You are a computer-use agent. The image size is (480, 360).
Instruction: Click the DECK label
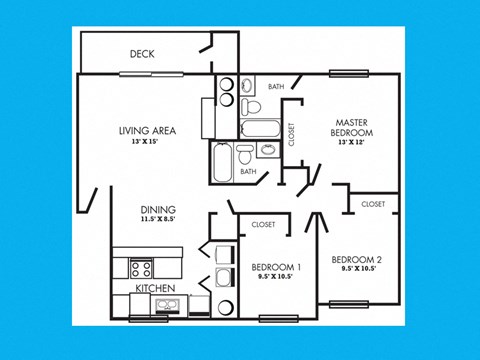point(141,54)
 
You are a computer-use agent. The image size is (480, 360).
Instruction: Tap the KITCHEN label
point(156,289)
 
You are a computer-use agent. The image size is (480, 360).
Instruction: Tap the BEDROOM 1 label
point(275,267)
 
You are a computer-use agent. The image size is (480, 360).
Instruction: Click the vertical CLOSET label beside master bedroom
point(292,134)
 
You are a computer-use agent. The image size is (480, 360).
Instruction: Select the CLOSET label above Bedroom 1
point(264,225)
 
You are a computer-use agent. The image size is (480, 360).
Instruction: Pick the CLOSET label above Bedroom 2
point(373,204)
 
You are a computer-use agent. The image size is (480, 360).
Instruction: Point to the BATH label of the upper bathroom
point(275,87)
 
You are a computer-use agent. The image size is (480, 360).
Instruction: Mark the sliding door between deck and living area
point(150,73)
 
